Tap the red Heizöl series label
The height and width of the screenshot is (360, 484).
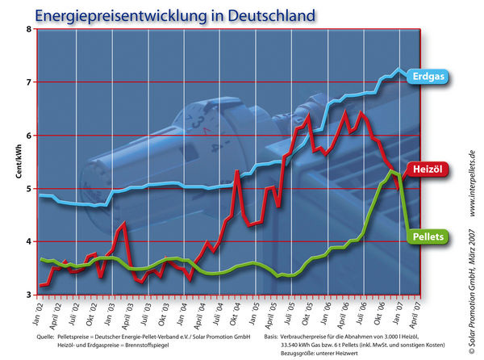click(x=429, y=170)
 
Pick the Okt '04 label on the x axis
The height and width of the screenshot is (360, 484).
click(x=236, y=309)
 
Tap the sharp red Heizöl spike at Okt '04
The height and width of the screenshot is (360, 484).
click(x=236, y=171)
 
